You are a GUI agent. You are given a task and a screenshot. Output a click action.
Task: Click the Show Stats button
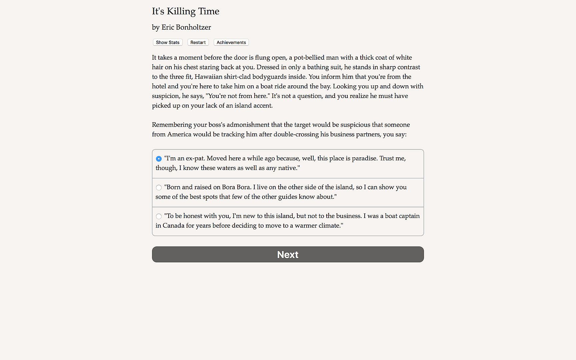pyautogui.click(x=168, y=42)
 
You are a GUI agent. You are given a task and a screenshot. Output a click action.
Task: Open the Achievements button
pyautogui.click(x=231, y=42)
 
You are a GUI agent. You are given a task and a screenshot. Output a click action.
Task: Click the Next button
pyautogui.click(x=288, y=254)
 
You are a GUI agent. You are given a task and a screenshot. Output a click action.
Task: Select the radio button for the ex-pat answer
pyautogui.click(x=159, y=159)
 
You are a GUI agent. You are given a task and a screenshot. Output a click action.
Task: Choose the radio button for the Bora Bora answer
pyautogui.click(x=159, y=188)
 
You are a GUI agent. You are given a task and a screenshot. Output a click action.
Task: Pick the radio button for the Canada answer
pyautogui.click(x=159, y=216)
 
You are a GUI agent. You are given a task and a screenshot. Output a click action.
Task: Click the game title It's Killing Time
pyautogui.click(x=185, y=11)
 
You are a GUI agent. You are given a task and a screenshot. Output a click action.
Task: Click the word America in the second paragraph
pyautogui.click(x=179, y=134)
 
